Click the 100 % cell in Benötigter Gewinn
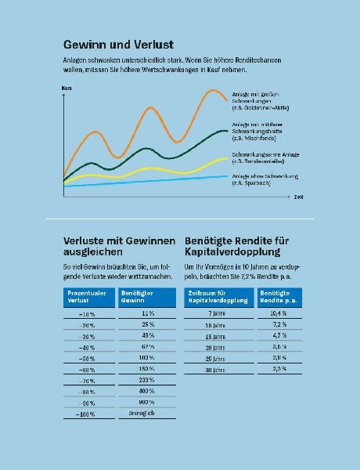147,356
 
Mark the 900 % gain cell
147,402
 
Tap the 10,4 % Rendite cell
279,313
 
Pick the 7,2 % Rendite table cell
279,324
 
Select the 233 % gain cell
147,379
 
